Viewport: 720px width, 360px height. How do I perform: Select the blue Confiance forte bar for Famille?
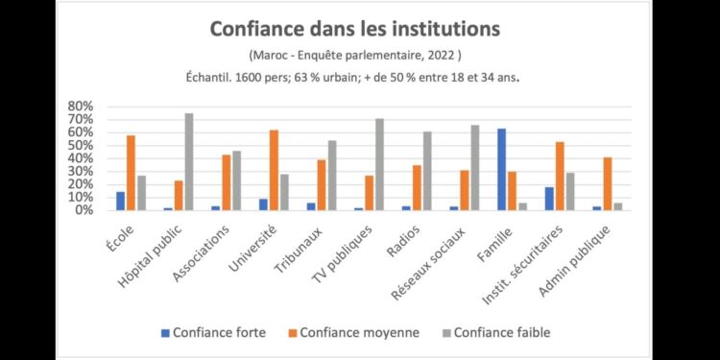[x=502, y=169]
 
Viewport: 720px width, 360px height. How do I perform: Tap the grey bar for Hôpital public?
[x=189, y=161]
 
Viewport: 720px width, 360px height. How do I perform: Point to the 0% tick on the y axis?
[x=84, y=210]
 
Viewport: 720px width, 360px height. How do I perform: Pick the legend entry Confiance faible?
[x=497, y=332]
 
